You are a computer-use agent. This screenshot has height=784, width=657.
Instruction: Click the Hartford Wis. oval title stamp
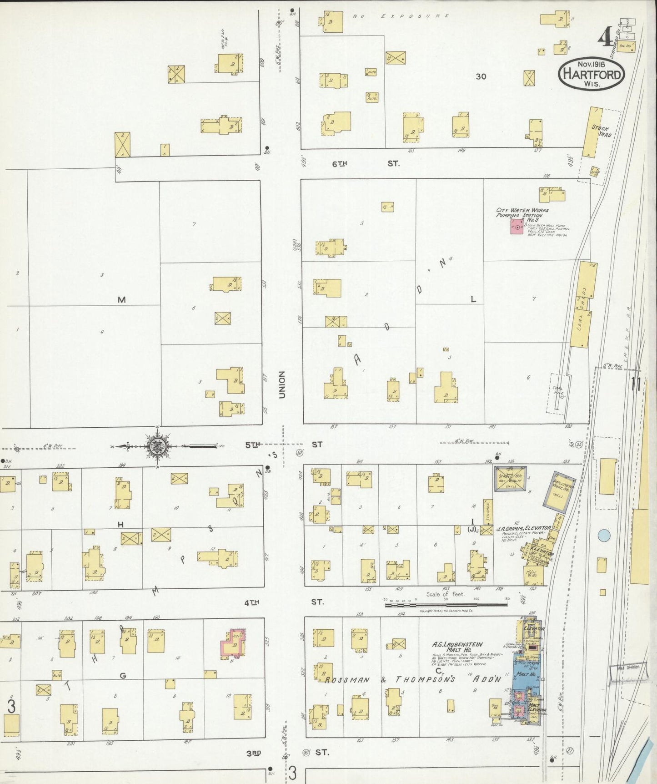[591, 73]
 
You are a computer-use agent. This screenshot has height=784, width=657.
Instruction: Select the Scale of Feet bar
[446, 605]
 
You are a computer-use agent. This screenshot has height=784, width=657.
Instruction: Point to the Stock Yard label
[601, 131]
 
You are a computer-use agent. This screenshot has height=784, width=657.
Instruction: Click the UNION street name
[282, 384]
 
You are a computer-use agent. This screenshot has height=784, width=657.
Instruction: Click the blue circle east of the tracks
[603, 536]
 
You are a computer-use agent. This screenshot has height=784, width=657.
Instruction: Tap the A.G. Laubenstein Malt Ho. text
[457, 647]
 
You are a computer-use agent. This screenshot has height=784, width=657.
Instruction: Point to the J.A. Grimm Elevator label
[523, 528]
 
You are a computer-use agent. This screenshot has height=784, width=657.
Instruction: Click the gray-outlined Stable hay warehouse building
[510, 479]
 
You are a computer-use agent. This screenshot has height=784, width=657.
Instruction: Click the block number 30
[481, 76]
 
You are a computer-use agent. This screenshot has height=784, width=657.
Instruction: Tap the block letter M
[121, 299]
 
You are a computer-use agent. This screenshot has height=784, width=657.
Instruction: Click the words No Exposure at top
[401, 16]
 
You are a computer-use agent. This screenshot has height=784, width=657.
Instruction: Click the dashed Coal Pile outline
[558, 394]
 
